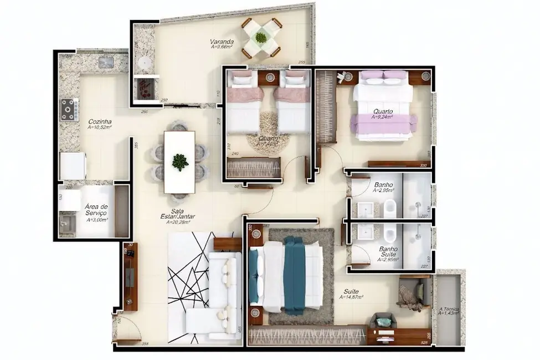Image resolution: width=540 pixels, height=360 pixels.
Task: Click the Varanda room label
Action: [x=222, y=42]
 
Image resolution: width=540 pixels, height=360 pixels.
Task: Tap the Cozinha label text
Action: [x=100, y=121]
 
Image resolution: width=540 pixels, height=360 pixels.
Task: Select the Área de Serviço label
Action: [x=96, y=210]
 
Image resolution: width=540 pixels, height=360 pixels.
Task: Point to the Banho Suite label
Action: [x=388, y=252]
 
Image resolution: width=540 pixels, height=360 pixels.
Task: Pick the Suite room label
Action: [x=351, y=291]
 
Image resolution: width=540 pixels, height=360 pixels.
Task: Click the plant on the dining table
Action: [x=179, y=161]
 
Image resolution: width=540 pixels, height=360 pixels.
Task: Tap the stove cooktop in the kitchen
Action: [x=70, y=109]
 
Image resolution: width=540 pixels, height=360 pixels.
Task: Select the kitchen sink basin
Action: [x=106, y=63]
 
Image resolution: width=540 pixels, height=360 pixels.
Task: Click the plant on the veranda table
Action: [x=260, y=38]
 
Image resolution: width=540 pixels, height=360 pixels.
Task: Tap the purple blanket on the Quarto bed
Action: [x=382, y=123]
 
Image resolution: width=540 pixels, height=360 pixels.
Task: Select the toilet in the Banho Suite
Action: [x=388, y=235]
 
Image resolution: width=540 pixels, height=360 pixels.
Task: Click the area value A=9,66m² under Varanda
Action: [x=222, y=48]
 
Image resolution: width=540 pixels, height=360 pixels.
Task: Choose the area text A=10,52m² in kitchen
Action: [x=100, y=127]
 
